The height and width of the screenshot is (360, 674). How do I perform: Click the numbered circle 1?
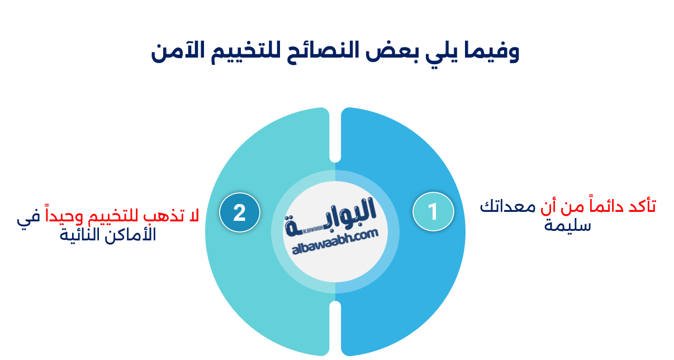(433, 212)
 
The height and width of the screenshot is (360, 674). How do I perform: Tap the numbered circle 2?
(239, 212)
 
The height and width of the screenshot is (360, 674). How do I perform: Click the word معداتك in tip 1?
(504, 206)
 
